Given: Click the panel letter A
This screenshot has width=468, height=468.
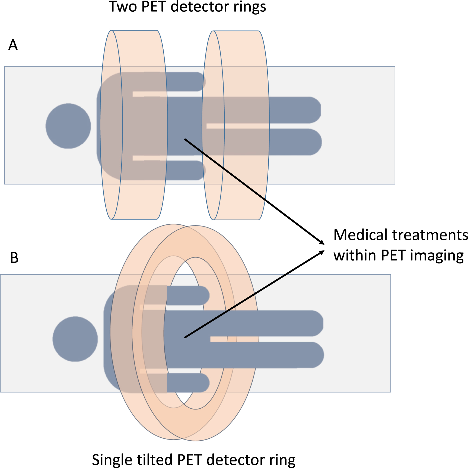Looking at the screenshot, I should click(13, 45).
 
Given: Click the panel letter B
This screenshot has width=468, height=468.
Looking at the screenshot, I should click(14, 258).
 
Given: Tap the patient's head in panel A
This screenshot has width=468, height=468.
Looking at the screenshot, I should click(68, 126).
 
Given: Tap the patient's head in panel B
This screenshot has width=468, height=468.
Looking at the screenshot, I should click(75, 339).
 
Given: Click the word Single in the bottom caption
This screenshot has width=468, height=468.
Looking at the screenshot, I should click(112, 460).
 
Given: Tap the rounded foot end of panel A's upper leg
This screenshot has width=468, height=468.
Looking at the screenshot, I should click(315, 110).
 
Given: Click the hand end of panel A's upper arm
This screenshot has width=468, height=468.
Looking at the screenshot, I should click(199, 82).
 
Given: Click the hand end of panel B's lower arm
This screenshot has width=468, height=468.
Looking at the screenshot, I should click(203, 383).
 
